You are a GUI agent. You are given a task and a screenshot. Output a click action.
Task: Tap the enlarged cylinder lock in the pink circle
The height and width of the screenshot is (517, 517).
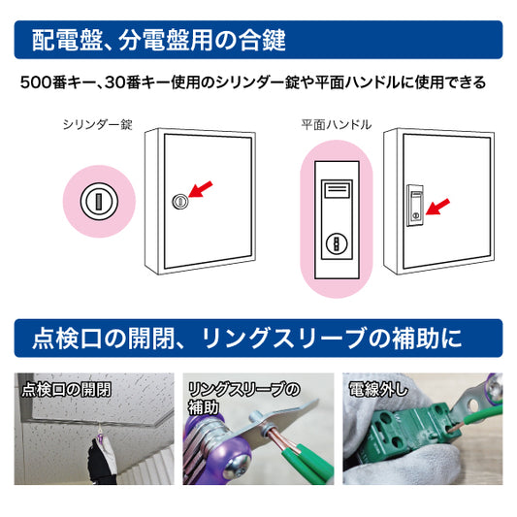click(x=96, y=202)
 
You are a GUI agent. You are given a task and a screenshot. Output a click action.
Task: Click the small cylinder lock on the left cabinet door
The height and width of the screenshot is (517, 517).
click(x=178, y=202)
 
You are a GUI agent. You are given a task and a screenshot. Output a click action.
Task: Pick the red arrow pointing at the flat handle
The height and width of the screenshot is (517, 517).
click(x=437, y=206)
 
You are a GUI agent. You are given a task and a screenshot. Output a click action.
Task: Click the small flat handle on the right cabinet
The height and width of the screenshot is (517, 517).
click(x=413, y=206)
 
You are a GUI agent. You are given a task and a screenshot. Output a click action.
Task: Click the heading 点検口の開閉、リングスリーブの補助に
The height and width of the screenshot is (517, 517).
click(x=247, y=339)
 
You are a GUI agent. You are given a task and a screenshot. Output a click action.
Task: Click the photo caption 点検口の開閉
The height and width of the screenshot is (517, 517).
click(x=65, y=392)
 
